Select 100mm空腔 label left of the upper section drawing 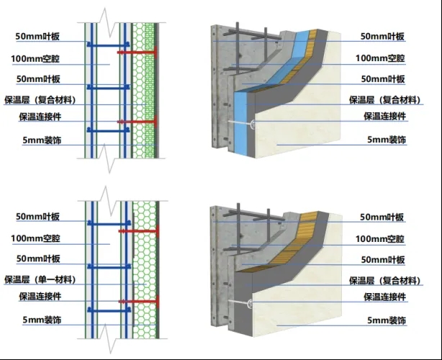point(42,57)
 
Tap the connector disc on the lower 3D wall point(249,302)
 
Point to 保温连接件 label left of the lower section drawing point(41,297)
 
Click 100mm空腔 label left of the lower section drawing point(42,238)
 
